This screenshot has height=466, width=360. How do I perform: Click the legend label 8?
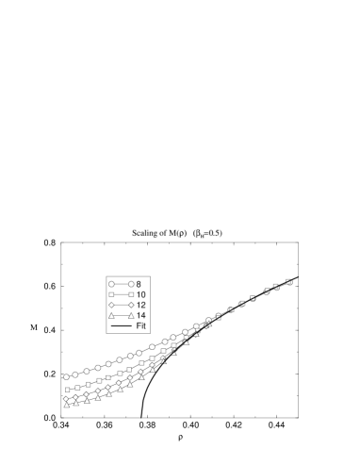(139, 284)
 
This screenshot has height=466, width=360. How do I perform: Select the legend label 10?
(140, 295)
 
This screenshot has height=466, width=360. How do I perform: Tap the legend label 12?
(140, 306)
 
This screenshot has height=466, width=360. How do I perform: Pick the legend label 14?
(140, 316)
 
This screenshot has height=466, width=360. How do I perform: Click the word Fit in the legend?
(141, 326)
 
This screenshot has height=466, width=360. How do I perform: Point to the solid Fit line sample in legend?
(121, 326)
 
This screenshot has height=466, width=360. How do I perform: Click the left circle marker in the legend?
(111, 284)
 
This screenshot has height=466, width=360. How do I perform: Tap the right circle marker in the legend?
(131, 284)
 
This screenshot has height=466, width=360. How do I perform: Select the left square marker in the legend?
(111, 295)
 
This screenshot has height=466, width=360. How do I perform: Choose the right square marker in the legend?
(131, 295)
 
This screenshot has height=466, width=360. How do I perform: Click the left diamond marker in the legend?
(111, 306)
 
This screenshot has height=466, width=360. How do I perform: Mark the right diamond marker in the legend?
(131, 306)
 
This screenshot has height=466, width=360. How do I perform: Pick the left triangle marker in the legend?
(111, 316)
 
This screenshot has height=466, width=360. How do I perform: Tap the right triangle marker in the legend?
(131, 316)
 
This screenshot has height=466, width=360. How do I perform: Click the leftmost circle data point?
(66, 377)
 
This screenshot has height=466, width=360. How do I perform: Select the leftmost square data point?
(66, 390)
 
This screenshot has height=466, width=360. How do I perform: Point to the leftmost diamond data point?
(66, 398)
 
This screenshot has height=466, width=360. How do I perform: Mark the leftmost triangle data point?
(66, 405)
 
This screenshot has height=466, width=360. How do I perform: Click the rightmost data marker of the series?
(288, 281)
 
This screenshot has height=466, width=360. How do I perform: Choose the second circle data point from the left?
(76, 374)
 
